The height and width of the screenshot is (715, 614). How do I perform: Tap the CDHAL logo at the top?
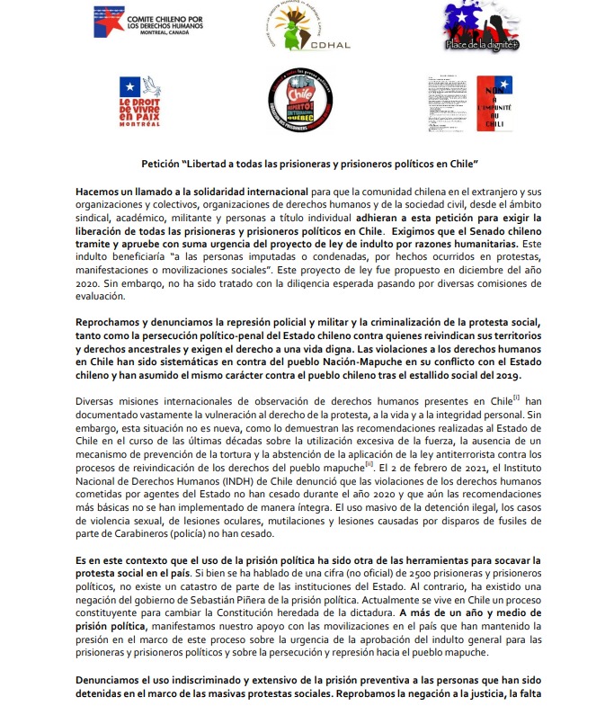[305, 26]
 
